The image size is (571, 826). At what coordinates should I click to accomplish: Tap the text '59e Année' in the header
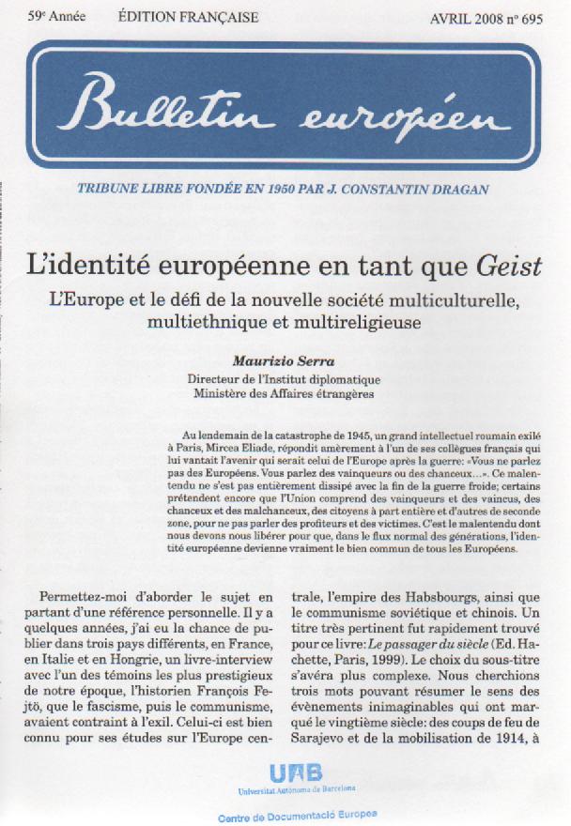[x=54, y=18]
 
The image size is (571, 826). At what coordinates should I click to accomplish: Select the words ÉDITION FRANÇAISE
[x=189, y=18]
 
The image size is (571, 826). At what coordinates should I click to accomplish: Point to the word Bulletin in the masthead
[x=167, y=107]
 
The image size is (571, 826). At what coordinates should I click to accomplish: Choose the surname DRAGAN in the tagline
[x=455, y=189]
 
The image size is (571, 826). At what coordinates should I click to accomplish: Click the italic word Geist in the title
[x=510, y=267]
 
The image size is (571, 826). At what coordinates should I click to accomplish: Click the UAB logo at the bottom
[x=295, y=774]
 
